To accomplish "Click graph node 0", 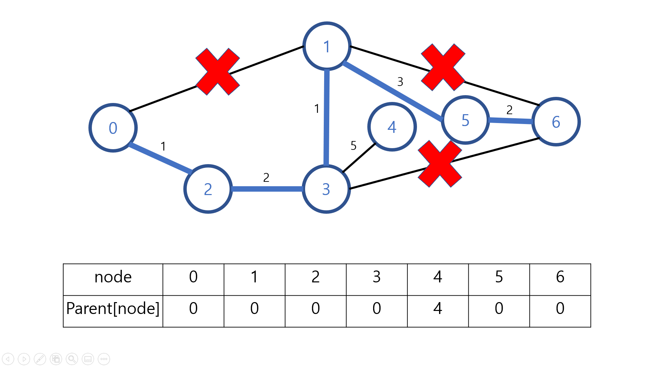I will [113, 128].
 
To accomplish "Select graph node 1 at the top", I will [326, 46].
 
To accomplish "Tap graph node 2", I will [208, 189].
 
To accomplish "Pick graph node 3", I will [326, 189].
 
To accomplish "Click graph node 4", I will [392, 127].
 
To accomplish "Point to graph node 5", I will [465, 120].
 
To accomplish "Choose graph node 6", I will [556, 122].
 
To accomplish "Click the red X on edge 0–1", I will [218, 72].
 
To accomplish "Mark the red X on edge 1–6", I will [443, 67].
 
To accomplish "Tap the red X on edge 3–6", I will [440, 164].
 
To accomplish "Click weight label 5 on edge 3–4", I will [353, 146].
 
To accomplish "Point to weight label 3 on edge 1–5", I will [400, 82].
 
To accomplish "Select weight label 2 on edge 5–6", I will [509, 110].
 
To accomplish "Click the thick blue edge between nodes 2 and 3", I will [267, 189].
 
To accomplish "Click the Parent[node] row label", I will [113, 309].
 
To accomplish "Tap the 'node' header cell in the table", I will [113, 277].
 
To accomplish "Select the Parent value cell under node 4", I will [438, 309].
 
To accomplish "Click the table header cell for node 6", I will [560, 277].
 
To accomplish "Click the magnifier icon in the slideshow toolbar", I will [72, 359].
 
